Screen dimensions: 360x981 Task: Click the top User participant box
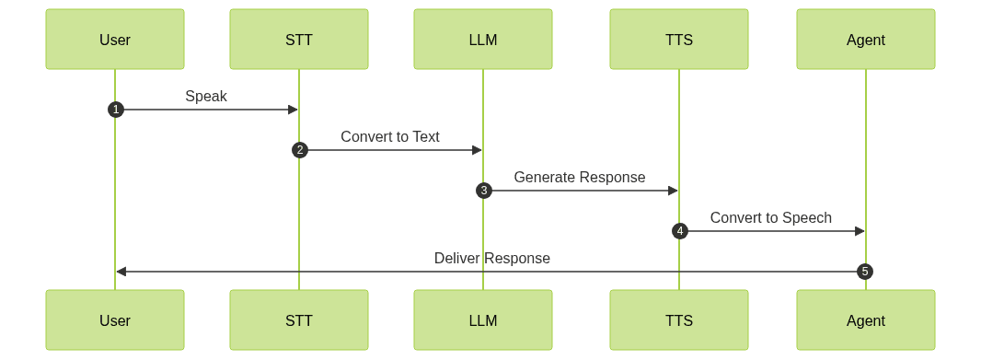coord(115,40)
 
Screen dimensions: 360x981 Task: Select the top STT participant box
coord(299,40)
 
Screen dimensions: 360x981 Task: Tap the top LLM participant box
coord(483,40)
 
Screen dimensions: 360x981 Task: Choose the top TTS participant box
coord(679,40)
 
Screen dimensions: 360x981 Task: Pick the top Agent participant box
coord(866,40)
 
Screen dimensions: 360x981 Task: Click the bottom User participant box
coord(115,320)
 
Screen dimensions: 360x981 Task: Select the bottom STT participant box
coord(299,320)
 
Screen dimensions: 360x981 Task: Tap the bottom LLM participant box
coord(483,320)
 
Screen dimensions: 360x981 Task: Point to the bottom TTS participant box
coord(679,320)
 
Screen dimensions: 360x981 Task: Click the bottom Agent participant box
coord(866,320)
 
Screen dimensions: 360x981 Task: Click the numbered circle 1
coord(115,110)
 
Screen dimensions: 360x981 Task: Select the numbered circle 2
coord(299,150)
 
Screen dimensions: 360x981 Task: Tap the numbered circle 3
coord(483,191)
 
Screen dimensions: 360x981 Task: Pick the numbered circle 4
coord(679,231)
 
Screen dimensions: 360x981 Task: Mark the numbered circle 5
coord(864,272)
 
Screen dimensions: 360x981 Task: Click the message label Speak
coord(206,96)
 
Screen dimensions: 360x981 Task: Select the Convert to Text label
coord(390,136)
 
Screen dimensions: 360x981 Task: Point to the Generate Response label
coord(580,177)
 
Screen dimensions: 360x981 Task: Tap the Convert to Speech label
coord(771,217)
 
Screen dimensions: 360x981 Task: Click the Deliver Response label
coord(492,258)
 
